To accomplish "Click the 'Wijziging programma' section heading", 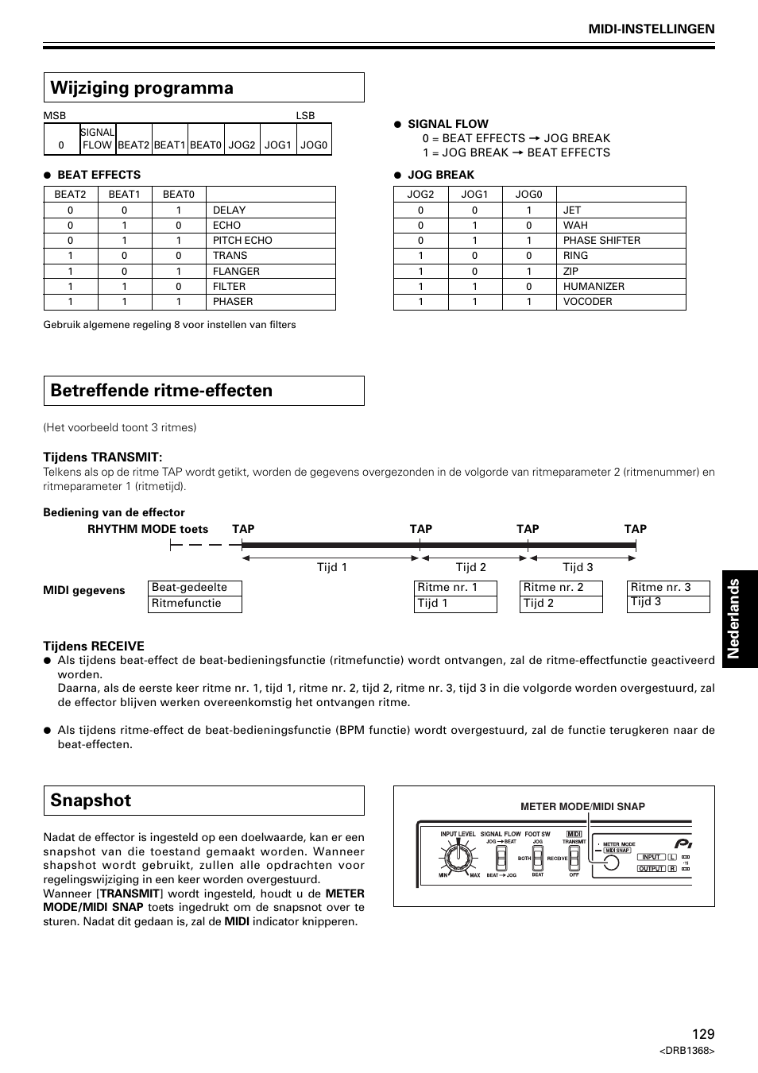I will pyautogui.click(x=141, y=88).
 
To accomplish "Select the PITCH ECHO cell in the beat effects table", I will pyautogui.click(x=242, y=241).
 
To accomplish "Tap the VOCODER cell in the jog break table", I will pyautogui.click(x=588, y=302).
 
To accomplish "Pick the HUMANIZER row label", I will pyautogui.click(x=594, y=287).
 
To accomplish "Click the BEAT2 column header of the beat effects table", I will pyautogui.click(x=70, y=195).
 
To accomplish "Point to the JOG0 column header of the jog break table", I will pyautogui.click(x=528, y=195).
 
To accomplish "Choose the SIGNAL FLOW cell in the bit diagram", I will pyautogui.click(x=98, y=139).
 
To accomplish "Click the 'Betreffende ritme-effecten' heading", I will pyautogui.click(x=161, y=391).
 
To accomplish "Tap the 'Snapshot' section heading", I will pyautogui.click(x=91, y=801).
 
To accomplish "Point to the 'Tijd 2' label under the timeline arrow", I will pyautogui.click(x=470, y=567).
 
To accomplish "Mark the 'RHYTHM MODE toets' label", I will pyautogui.click(x=148, y=529).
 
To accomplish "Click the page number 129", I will pyautogui.click(x=702, y=1033).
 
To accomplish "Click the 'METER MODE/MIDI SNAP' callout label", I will pyautogui.click(x=582, y=807).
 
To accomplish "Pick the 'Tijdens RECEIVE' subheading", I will pyautogui.click(x=94, y=647).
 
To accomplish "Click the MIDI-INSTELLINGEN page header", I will pyautogui.click(x=651, y=29).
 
